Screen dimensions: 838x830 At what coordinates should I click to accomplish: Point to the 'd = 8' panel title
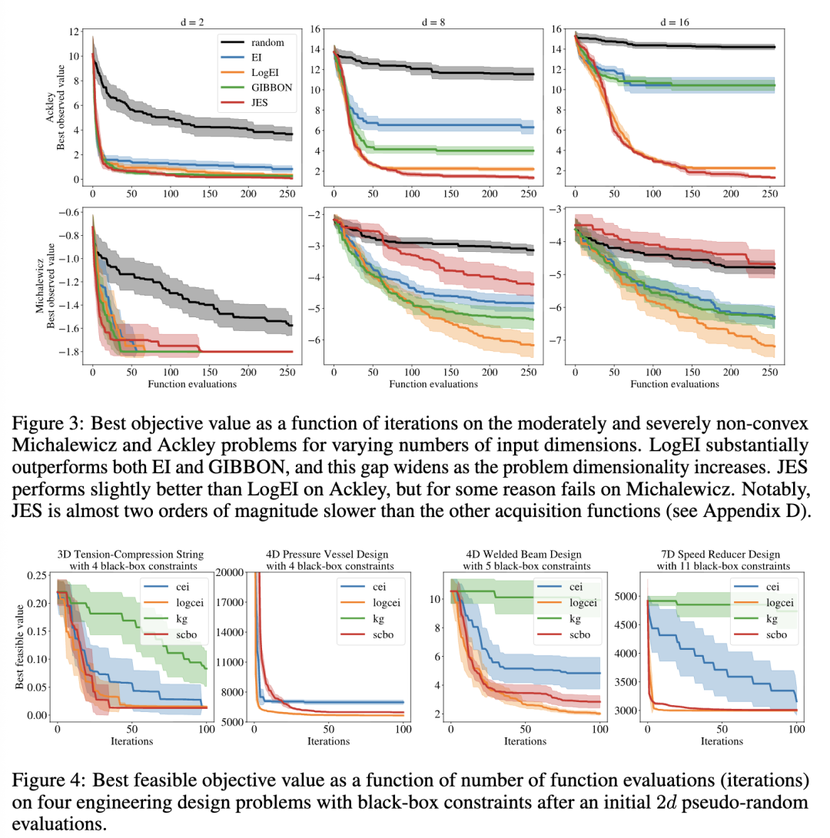click(x=435, y=22)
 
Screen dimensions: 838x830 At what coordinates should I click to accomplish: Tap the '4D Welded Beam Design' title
click(x=525, y=555)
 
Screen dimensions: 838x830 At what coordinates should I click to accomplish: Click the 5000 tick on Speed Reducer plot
click(x=628, y=595)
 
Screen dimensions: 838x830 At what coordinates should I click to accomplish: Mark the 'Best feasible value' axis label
click(x=21, y=646)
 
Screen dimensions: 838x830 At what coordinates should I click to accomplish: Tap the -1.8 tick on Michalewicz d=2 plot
click(x=73, y=352)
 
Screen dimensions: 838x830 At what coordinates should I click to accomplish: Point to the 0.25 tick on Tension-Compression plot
click(x=35, y=575)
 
